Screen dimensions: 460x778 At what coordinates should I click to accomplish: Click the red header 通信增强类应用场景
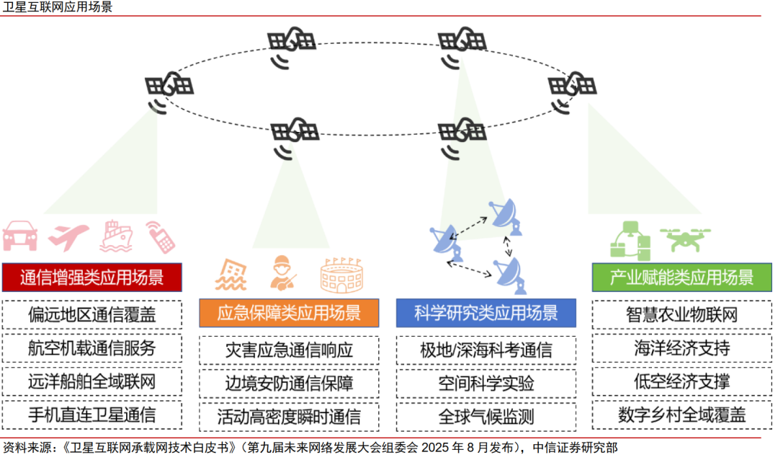tap(91, 277)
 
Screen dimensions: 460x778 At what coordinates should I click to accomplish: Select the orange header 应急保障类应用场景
tap(289, 312)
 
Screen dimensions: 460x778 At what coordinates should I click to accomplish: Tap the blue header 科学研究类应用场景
tap(486, 312)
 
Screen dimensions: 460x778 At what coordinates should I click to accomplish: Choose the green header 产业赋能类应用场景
tap(681, 277)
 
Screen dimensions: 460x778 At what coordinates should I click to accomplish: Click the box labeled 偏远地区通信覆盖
tap(91, 314)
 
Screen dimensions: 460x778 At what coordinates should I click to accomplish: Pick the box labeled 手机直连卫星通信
tap(91, 415)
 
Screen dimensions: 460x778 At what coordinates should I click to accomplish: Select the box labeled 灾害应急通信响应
tap(289, 350)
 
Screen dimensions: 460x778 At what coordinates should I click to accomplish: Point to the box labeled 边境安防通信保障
tap(289, 384)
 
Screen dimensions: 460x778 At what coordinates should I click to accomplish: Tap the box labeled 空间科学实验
tap(486, 384)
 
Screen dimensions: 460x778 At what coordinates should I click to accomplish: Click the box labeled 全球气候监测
tap(486, 417)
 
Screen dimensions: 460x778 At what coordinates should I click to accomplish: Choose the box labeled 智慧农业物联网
tap(681, 314)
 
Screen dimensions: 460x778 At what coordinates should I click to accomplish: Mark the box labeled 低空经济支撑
tap(681, 381)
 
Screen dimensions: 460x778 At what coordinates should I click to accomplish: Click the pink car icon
tap(19, 235)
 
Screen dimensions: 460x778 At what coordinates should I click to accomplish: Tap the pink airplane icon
tap(69, 236)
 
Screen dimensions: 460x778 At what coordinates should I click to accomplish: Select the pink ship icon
tap(117, 236)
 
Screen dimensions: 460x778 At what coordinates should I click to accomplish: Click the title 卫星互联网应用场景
tap(58, 7)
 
